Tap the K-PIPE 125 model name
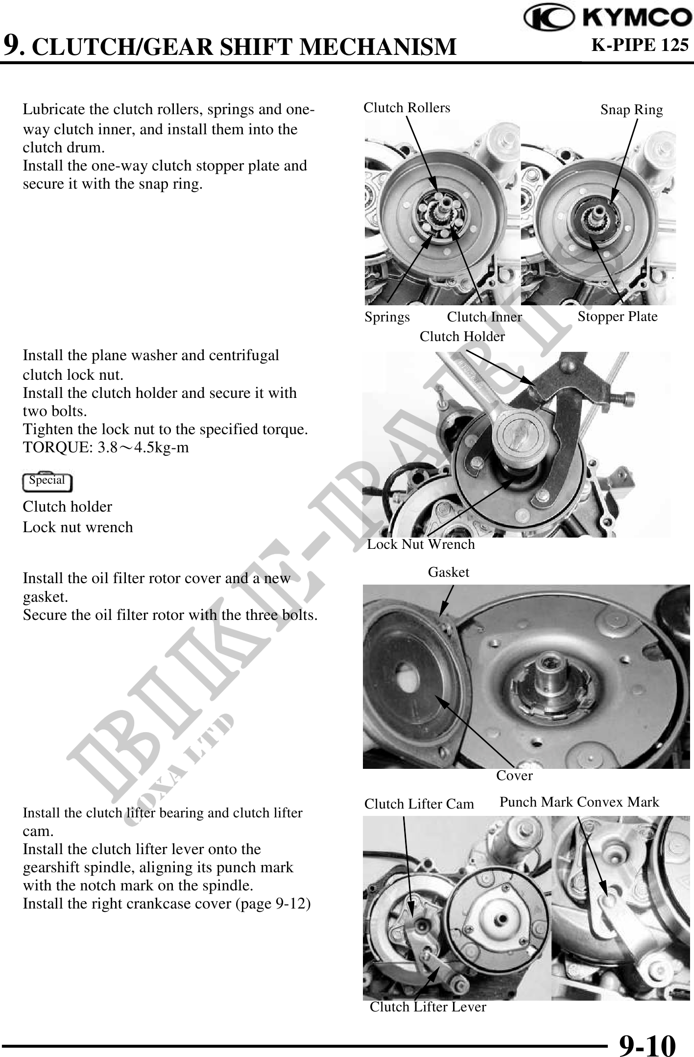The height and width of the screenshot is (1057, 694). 641,45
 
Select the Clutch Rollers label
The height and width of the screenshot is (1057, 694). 407,107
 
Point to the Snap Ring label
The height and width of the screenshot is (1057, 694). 631,110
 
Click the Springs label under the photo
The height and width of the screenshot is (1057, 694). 387,318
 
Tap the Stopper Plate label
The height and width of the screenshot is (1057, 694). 617,317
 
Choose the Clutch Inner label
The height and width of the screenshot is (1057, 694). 484,317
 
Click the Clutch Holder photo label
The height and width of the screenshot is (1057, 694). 462,336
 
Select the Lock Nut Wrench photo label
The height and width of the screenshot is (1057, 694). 421,544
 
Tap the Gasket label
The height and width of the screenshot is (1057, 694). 449,572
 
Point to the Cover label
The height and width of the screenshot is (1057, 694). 514,776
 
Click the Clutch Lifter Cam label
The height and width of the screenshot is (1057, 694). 419,804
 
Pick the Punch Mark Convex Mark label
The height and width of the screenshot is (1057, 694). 579,802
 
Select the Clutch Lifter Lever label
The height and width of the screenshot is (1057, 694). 428,1007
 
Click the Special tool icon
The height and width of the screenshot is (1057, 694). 47,481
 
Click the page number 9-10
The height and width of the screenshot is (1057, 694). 647,1033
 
